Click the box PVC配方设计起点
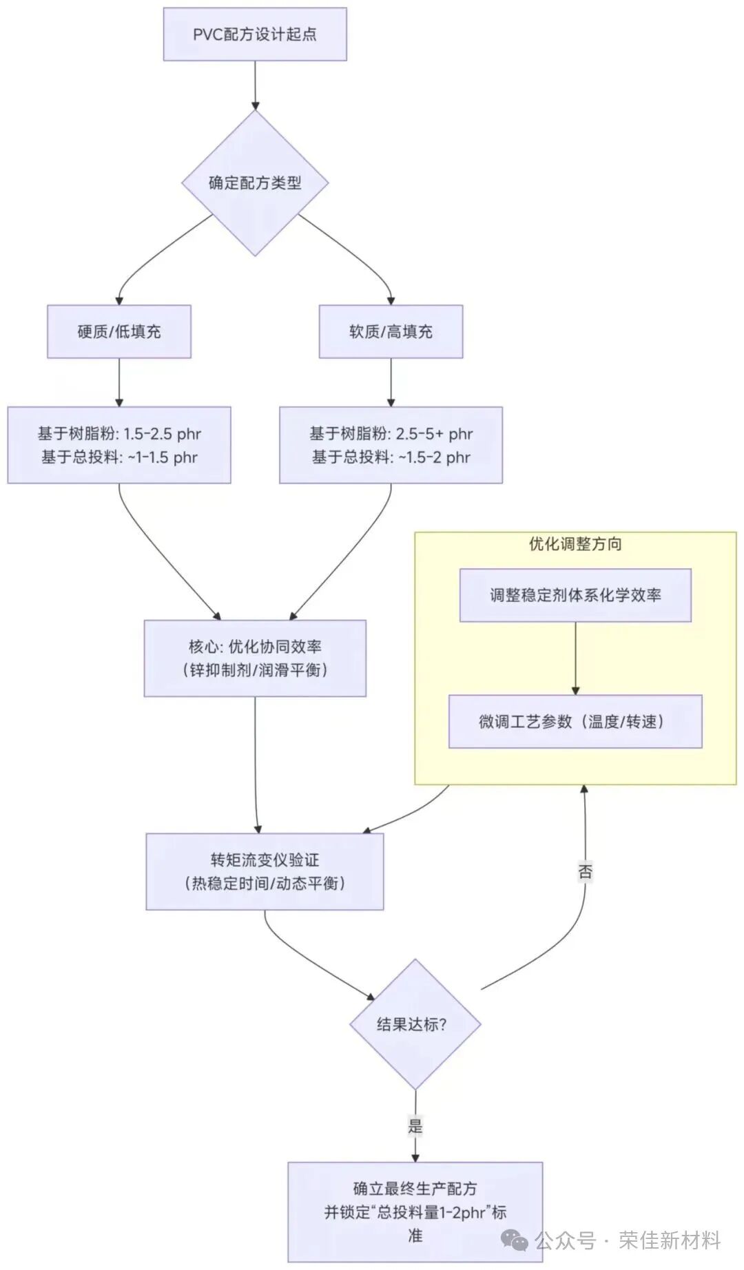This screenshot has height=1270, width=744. click(255, 34)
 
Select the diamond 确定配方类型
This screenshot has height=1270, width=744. click(255, 183)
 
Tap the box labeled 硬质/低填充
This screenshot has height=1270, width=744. click(119, 331)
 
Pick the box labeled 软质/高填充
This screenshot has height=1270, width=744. click(391, 331)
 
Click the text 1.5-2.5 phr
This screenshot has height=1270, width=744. click(162, 434)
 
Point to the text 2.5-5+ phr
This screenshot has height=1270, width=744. click(434, 434)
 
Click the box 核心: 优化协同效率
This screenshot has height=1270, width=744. click(255, 658)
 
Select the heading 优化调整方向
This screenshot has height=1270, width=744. click(575, 544)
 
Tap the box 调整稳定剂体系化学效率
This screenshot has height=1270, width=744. click(575, 595)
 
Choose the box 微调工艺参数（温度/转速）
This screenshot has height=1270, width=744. click(575, 721)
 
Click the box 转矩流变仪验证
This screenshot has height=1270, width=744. click(265, 871)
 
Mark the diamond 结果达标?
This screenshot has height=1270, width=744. click(415, 1024)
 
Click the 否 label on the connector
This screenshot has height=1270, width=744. click(585, 872)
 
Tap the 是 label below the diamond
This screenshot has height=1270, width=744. click(415, 1126)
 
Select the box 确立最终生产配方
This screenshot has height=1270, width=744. click(415, 1212)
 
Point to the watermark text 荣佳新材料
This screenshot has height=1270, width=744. click(669, 1240)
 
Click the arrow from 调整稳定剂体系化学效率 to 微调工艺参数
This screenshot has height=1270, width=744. click(575, 658)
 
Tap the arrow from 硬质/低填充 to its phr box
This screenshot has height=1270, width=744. click(119, 382)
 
